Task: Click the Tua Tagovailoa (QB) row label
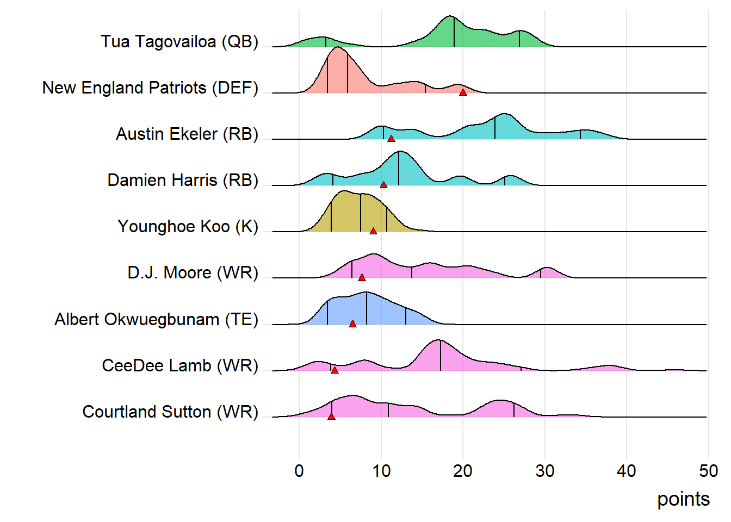179,42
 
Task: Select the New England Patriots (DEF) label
150,88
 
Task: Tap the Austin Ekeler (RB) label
187,134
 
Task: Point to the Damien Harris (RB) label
183,181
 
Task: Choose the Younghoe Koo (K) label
188,227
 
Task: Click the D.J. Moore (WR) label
193,273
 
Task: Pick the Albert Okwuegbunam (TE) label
156,320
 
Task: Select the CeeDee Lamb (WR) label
180,366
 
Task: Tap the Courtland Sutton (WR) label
170,412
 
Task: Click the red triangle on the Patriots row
463,92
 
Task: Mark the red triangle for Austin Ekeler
391,139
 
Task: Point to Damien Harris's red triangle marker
383,185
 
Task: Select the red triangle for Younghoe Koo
373,231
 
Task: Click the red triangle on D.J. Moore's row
362,277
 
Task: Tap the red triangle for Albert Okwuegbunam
352,324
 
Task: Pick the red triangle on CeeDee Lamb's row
334,370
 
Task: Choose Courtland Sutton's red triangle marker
331,417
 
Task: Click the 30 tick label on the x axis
544,471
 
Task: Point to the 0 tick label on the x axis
299,471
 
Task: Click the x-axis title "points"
683,499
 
